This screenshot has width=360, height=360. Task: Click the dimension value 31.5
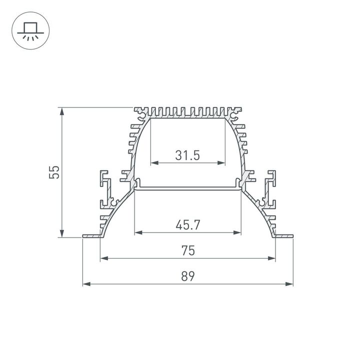click(187, 155)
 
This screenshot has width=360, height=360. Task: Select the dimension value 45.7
click(187, 225)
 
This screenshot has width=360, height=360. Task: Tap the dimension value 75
click(187, 250)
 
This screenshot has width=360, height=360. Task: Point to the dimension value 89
click(187, 276)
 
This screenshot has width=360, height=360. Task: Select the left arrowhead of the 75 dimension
click(104, 258)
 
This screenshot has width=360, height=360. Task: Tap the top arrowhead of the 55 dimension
click(62, 111)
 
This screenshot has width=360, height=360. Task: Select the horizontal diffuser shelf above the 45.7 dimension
click(187, 188)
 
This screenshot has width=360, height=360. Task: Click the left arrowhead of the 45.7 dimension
click(138, 232)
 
